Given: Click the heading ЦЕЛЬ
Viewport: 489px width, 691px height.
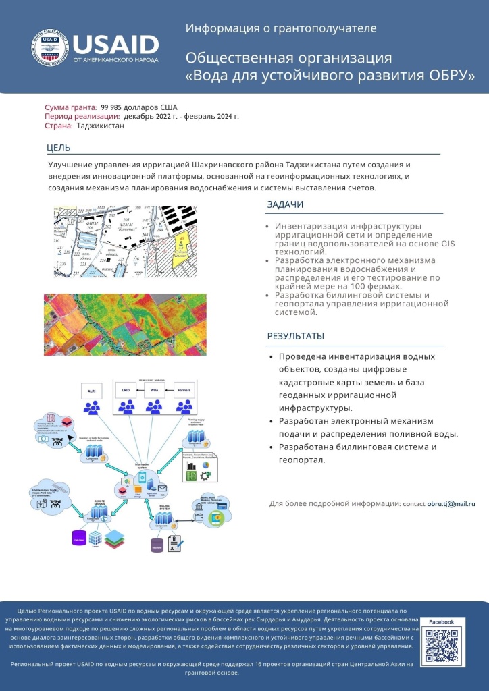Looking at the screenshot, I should coord(58,148).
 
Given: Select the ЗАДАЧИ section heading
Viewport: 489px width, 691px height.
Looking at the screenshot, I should coord(285,205).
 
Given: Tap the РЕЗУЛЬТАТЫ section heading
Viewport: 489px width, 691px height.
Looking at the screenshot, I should coord(295,336).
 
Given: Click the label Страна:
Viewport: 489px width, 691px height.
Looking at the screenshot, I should coord(59,126).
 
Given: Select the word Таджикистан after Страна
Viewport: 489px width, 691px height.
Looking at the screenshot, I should coord(100,126).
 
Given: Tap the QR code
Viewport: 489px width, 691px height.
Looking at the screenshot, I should coord(440,646).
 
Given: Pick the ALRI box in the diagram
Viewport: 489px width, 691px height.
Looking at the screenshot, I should coord(91,391).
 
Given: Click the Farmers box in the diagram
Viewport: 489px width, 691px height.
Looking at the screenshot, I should coord(183,391).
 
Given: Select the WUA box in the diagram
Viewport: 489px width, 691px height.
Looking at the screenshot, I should coord(155,391).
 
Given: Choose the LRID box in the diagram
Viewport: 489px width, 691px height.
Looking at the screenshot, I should coord(126,391).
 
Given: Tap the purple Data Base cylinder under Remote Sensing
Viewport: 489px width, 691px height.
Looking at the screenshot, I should coord(80,539).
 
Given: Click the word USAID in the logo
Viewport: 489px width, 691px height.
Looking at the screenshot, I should coord(115,45).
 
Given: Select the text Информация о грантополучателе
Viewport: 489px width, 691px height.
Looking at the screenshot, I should coord(281,28).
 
